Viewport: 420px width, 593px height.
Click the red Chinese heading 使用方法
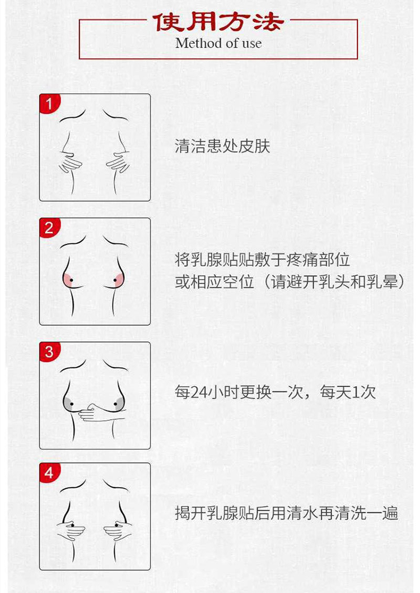pos(219,22)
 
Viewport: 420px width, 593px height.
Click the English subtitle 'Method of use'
pos(218,43)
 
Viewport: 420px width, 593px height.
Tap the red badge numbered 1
pos(49,103)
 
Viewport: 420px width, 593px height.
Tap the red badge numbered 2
pos(49,228)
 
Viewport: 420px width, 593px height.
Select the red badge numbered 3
pos(49,351)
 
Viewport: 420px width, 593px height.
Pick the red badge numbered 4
pos(49,472)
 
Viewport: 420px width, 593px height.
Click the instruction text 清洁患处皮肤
pos(222,146)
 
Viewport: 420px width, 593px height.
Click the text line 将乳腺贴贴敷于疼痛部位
pos(262,260)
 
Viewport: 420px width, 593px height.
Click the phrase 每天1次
pos(348,392)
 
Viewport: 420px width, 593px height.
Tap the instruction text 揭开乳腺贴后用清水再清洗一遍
pos(286,513)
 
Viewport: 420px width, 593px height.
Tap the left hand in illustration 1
pos(70,163)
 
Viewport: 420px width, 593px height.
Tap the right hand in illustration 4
pos(118,530)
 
